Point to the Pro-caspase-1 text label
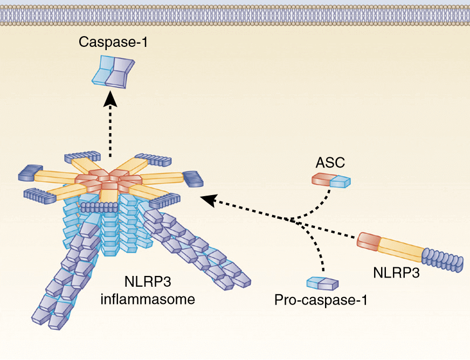coord(321,299)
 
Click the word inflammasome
coord(147,299)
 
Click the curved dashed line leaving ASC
coord(318,207)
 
